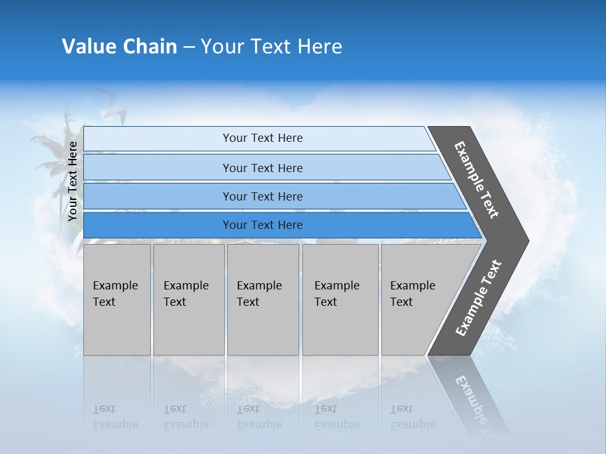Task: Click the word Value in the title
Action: coord(88,47)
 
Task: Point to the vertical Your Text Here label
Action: coord(73,181)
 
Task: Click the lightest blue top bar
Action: coord(262,138)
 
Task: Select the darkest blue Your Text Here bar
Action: coord(262,225)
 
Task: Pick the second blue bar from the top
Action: coord(262,168)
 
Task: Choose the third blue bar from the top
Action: coord(262,197)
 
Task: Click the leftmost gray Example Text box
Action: coord(117,300)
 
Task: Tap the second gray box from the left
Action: coord(188,300)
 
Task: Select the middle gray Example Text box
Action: coord(263,300)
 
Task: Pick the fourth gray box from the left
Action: coord(340,300)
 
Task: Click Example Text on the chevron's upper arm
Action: coord(477,179)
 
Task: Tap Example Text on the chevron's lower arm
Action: coord(478,298)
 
